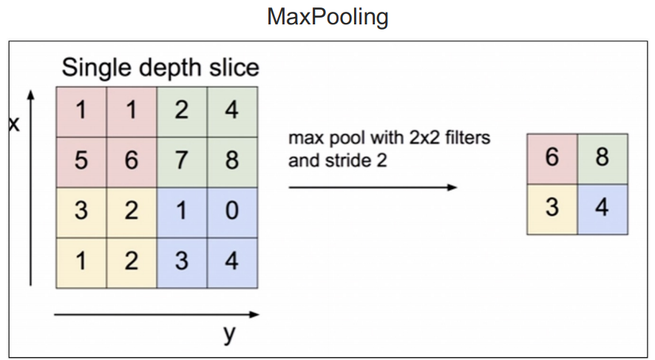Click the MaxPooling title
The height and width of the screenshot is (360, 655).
pyautogui.click(x=327, y=16)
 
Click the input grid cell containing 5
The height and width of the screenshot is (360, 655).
pyautogui.click(x=81, y=160)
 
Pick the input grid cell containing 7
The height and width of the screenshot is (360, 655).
pyautogui.click(x=182, y=160)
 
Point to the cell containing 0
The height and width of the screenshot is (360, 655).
pyautogui.click(x=232, y=211)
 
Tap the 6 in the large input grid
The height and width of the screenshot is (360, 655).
pyautogui.click(x=131, y=160)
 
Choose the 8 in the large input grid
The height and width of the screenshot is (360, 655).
pyautogui.click(x=232, y=160)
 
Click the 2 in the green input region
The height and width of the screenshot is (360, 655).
pyautogui.click(x=182, y=111)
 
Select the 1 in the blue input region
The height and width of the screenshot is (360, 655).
pyautogui.click(x=182, y=211)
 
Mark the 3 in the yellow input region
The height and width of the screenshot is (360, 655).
pyautogui.click(x=81, y=211)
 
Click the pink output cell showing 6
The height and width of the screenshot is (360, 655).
pyautogui.click(x=552, y=158)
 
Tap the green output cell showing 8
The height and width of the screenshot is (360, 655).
pyautogui.click(x=603, y=158)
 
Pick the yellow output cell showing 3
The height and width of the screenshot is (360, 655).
pyautogui.click(x=552, y=208)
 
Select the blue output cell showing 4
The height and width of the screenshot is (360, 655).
pyautogui.click(x=603, y=208)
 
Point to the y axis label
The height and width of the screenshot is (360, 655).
pyautogui.click(x=229, y=334)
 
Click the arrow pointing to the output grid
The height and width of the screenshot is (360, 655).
pyautogui.click(x=373, y=187)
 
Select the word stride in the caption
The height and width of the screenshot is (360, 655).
pyautogui.click(x=346, y=160)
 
